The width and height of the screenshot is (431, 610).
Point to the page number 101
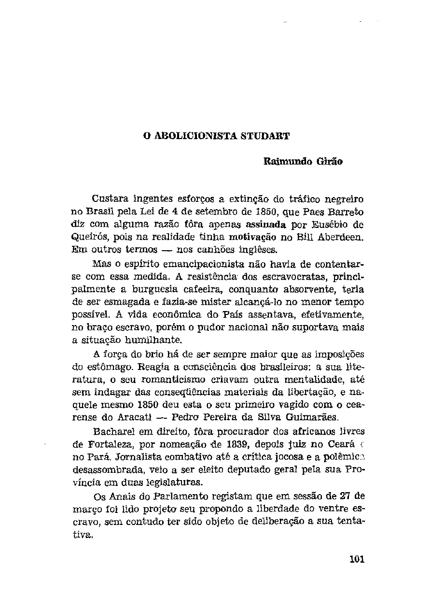click(356, 559)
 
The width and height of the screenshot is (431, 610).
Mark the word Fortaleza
click(111, 443)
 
